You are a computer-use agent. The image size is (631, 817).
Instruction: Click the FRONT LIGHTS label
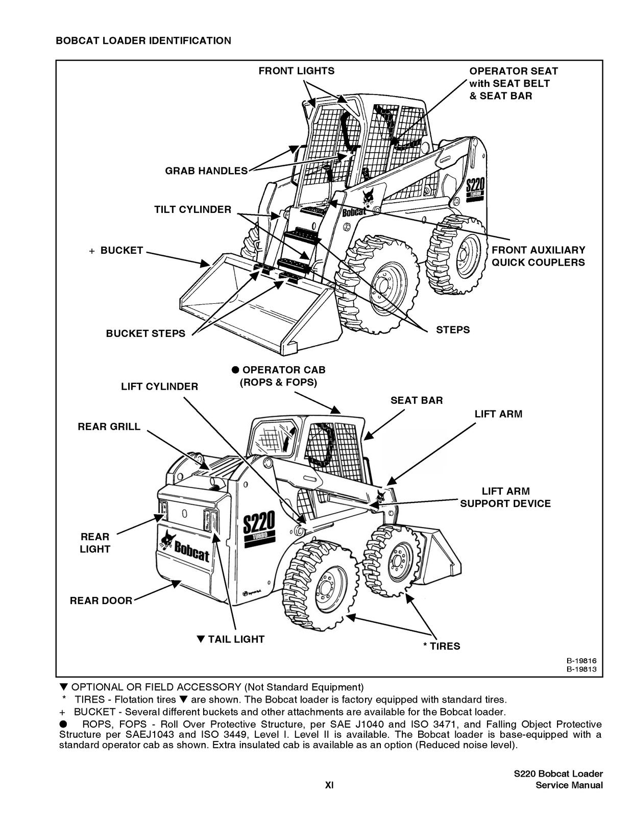pyautogui.click(x=296, y=71)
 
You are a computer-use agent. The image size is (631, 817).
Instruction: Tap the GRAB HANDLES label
pyautogui.click(x=206, y=171)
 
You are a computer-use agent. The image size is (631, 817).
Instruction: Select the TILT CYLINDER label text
pyautogui.click(x=192, y=209)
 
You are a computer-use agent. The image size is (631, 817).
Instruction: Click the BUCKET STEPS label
pyautogui.click(x=145, y=333)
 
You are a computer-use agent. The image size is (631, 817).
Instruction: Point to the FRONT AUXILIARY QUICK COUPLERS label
pyautogui.click(x=538, y=256)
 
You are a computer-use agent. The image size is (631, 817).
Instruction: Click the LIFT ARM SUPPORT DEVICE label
pyautogui.click(x=505, y=497)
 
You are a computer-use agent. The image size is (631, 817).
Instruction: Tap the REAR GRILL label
pyautogui.click(x=109, y=426)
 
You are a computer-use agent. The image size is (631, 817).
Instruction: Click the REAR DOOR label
pyautogui.click(x=101, y=600)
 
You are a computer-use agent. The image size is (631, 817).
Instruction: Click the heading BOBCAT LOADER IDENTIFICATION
pyautogui.click(x=143, y=40)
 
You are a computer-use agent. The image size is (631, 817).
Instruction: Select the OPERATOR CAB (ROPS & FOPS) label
pyautogui.click(x=278, y=376)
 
